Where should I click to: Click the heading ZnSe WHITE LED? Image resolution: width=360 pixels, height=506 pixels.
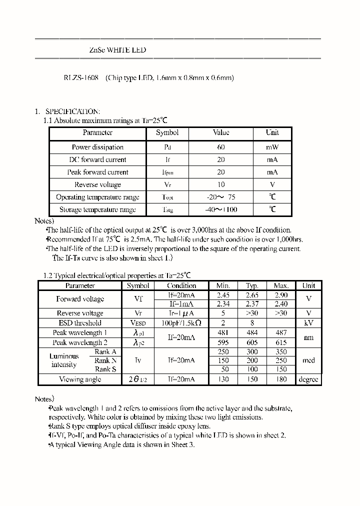click(117, 50)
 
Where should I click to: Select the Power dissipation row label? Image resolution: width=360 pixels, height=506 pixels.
click(97, 147)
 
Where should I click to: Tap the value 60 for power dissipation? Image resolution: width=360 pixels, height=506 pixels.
click(221, 147)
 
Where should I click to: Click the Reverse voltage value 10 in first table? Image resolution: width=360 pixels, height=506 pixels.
click(221, 184)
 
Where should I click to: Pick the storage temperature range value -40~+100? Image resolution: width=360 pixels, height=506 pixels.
click(221, 209)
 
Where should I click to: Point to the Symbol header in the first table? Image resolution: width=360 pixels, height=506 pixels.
click(167, 132)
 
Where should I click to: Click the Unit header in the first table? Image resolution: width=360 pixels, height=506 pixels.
click(272, 132)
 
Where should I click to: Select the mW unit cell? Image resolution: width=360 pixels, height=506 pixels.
click(272, 147)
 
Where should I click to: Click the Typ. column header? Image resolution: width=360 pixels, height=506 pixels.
click(252, 285)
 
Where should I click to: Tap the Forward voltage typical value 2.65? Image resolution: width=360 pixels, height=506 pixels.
click(252, 295)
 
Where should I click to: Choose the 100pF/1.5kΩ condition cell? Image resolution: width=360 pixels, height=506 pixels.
click(181, 323)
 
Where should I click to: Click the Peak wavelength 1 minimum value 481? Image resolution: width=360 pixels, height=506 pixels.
click(223, 332)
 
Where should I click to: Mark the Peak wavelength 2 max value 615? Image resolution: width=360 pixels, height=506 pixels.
click(281, 342)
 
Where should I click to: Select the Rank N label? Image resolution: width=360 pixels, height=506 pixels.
click(105, 360)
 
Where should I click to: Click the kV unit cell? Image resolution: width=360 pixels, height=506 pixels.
click(308, 323)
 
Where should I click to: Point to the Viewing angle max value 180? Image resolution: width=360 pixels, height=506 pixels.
click(281, 379)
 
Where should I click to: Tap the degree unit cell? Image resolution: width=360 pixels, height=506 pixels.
click(308, 379)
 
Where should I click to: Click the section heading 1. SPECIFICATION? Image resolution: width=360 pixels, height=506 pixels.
click(67, 111)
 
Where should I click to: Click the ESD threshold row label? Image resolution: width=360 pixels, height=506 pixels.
click(80, 323)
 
